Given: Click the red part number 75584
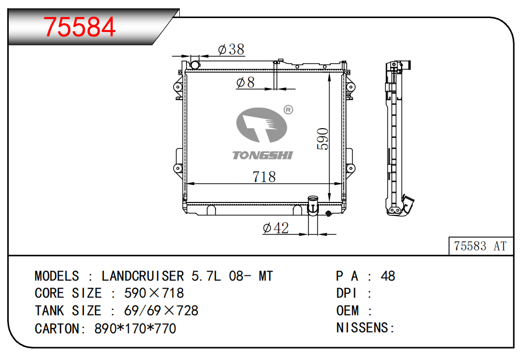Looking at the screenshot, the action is (80, 27).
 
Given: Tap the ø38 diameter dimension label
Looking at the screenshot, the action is (232, 50).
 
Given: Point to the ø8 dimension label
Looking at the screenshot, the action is (245, 82).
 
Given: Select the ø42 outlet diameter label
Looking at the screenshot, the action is (276, 228).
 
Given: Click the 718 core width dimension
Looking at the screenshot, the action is (264, 177).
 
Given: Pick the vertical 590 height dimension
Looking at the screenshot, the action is (323, 138).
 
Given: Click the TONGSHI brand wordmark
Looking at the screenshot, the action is (263, 155).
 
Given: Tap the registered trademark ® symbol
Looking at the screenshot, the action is (288, 110).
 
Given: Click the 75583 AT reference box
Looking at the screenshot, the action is (481, 246).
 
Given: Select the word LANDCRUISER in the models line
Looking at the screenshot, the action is (143, 276).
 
